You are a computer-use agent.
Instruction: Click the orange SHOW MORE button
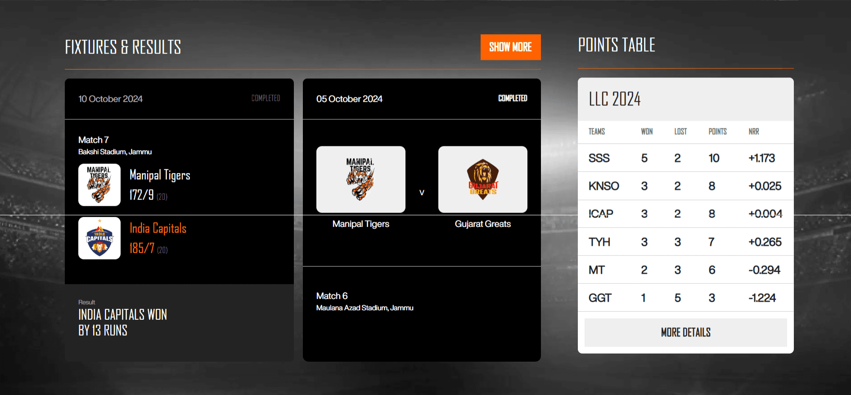pyautogui.click(x=510, y=47)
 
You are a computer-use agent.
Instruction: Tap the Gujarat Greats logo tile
pyautogui.click(x=482, y=179)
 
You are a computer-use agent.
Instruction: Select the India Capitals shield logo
pyautogui.click(x=99, y=238)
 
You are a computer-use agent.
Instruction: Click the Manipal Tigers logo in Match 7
pyautogui.click(x=99, y=185)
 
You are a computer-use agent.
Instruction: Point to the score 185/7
pyautogui.click(x=142, y=248)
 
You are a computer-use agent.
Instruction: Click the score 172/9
pyautogui.click(x=142, y=195)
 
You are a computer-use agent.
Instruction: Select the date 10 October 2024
pyautogui.click(x=110, y=99)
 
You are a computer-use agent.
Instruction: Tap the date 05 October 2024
pyautogui.click(x=349, y=99)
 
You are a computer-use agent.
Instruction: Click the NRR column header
pyautogui.click(x=754, y=132)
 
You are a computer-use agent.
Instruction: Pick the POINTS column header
pyautogui.click(x=717, y=132)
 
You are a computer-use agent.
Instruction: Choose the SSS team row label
pyautogui.click(x=599, y=158)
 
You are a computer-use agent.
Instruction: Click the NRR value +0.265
pyautogui.click(x=765, y=242)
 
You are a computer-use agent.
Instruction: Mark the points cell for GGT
pyautogui.click(x=711, y=298)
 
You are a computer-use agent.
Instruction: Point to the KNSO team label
pyautogui.click(x=603, y=186)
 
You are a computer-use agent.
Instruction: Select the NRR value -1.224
pyautogui.click(x=762, y=298)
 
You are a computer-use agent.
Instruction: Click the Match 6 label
pyautogui.click(x=332, y=296)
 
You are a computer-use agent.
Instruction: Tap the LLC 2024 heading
pyautogui.click(x=614, y=99)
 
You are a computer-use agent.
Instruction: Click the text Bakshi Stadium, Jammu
pyautogui.click(x=115, y=152)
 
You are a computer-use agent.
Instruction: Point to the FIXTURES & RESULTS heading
pyautogui.click(x=123, y=47)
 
